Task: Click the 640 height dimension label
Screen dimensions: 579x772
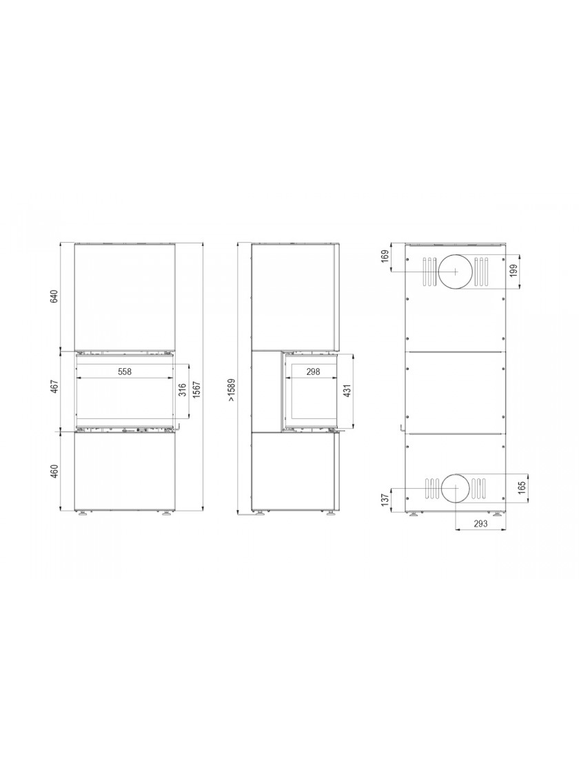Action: point(54,297)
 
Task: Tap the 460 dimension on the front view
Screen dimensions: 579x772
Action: point(54,471)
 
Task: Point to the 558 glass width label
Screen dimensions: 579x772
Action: point(125,372)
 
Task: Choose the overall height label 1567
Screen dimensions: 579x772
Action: point(197,392)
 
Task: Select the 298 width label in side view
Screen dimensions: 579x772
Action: point(313,372)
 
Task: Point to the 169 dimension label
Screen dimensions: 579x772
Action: point(385,256)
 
